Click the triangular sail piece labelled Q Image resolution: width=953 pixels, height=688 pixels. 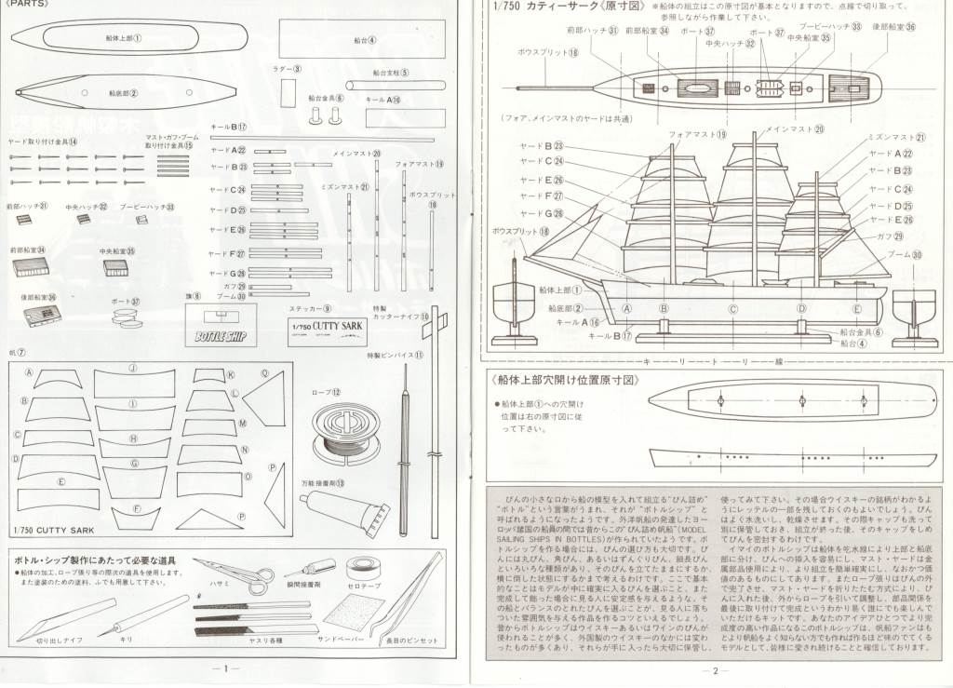pos(264,398)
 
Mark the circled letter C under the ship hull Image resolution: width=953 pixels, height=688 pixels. pos(733,309)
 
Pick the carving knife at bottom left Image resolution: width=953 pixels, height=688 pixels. pos(58,618)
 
